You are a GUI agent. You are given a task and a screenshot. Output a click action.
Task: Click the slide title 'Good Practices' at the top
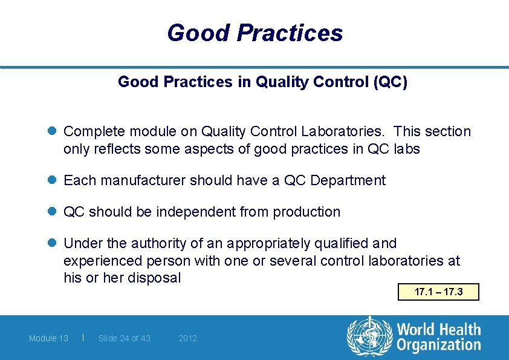click(x=254, y=33)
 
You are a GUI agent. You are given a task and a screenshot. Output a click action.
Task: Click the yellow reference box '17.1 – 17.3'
click(x=438, y=292)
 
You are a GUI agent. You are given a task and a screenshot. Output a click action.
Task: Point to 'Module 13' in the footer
click(x=48, y=338)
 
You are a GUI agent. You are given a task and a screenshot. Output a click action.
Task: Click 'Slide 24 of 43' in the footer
click(x=124, y=338)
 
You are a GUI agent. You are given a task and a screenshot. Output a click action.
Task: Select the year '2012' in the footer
click(x=187, y=338)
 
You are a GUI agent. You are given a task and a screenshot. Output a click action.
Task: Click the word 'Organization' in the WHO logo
click(x=438, y=345)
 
